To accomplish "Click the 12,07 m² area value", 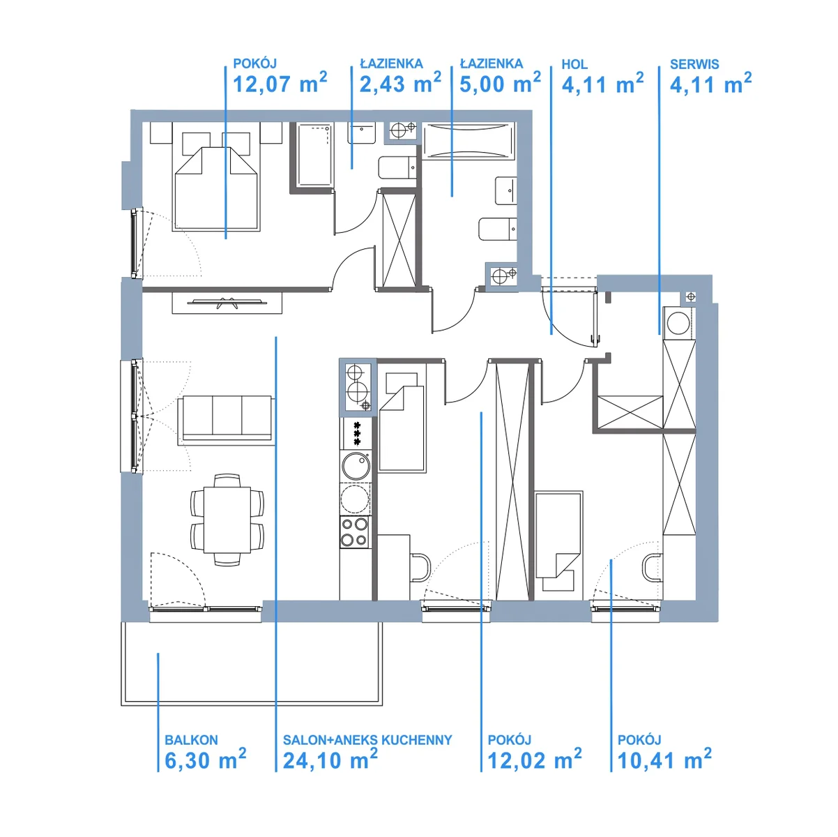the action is (x=280, y=83).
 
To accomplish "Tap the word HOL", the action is (x=574, y=64).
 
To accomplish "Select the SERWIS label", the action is (x=694, y=64).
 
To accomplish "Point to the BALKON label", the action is (x=191, y=740).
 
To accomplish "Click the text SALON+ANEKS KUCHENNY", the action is (x=367, y=740).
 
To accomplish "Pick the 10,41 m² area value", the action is (x=664, y=759).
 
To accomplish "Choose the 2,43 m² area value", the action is (x=400, y=83).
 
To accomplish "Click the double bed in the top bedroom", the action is (x=216, y=188).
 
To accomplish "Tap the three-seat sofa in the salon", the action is (x=226, y=421).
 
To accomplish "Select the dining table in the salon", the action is (x=227, y=520).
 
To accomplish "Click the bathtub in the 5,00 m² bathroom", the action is (x=468, y=141).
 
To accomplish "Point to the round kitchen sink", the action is (x=356, y=466).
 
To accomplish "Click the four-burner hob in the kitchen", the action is (x=354, y=532).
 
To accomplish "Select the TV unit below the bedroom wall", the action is (x=227, y=303).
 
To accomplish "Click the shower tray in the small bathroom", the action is (x=315, y=155).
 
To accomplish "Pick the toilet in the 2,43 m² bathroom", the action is (x=397, y=167).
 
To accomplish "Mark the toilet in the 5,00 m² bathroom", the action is (x=497, y=229).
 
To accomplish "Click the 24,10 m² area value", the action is (x=330, y=759).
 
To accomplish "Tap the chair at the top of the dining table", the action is (x=227, y=481).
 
